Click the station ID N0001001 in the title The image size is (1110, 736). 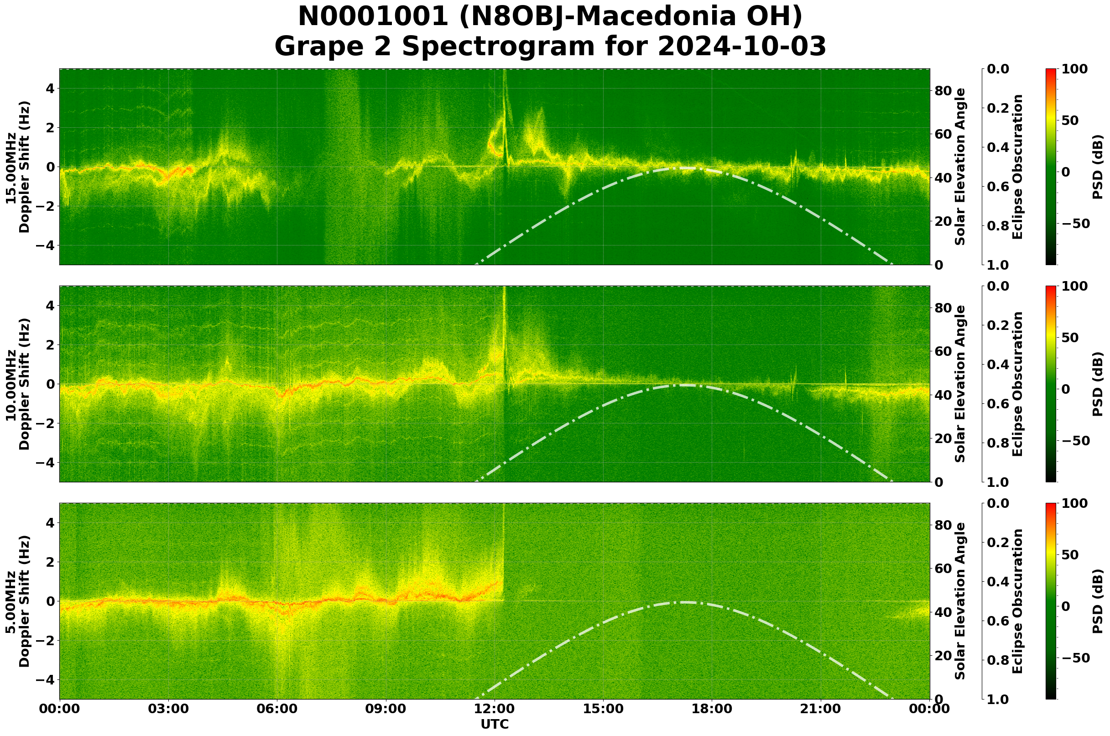373,17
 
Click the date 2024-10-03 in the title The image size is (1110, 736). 742,47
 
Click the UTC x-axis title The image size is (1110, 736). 495,725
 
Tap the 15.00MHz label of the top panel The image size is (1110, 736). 11,167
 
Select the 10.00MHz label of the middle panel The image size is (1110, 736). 11,385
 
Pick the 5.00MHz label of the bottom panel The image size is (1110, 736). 11,601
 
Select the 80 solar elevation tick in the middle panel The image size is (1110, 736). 943,308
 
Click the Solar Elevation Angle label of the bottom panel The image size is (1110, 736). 960,601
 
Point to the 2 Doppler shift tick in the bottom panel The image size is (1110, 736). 51,562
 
